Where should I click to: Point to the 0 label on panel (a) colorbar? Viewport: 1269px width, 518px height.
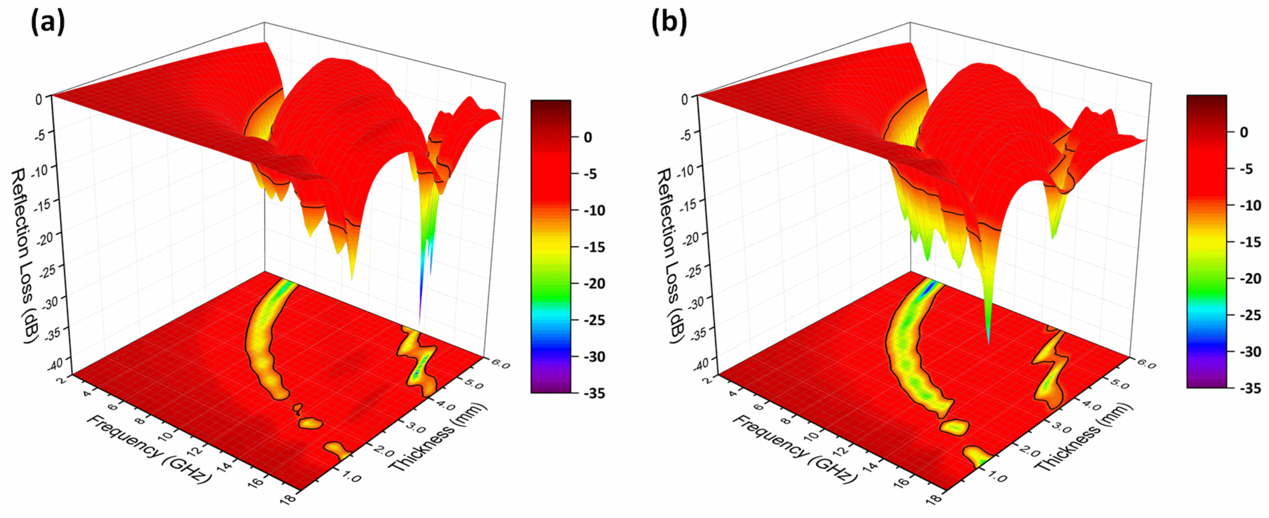[x=588, y=137]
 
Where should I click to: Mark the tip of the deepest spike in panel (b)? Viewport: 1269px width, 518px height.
[x=988, y=344]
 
